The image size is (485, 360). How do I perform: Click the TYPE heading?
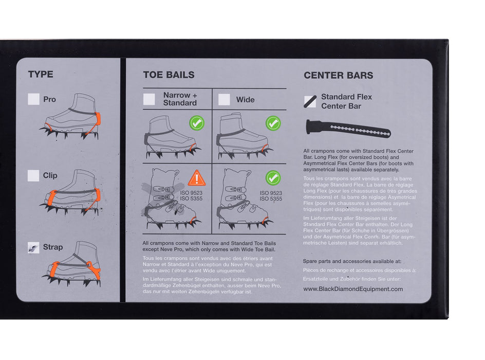pyautogui.click(x=41, y=75)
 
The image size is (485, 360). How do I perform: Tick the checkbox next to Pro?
pyautogui.click(x=34, y=99)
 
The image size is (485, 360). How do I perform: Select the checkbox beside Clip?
pyautogui.click(x=34, y=175)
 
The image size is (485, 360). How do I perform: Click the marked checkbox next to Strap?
pyautogui.click(x=34, y=247)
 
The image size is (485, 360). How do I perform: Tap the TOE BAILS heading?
pyautogui.click(x=169, y=75)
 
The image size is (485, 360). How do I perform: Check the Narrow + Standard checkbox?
pyautogui.click(x=150, y=99)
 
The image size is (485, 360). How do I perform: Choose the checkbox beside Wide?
pyautogui.click(x=224, y=100)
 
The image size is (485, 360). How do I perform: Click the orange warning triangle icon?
pyautogui.click(x=197, y=178)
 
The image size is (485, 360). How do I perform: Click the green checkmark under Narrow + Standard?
pyautogui.click(x=197, y=123)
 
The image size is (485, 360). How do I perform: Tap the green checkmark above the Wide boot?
pyautogui.click(x=273, y=123)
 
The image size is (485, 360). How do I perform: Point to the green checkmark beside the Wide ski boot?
pyautogui.click(x=273, y=178)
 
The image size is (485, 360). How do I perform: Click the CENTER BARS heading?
pyautogui.click(x=338, y=75)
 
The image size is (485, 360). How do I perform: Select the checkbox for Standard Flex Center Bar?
pyautogui.click(x=310, y=101)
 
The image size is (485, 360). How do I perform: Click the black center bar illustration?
pyautogui.click(x=348, y=129)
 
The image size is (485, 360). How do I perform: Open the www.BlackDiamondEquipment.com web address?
pyautogui.click(x=353, y=289)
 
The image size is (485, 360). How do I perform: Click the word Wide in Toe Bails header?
pyautogui.click(x=245, y=100)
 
